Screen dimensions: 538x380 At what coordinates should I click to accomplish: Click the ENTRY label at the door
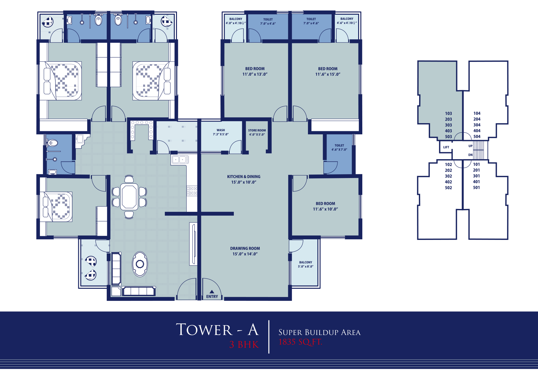point(212,296)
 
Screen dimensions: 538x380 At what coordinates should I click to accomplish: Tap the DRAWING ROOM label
point(245,251)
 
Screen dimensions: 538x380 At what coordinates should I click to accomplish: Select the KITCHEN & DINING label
point(244,179)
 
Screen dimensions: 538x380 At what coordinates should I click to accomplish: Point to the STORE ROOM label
point(257,132)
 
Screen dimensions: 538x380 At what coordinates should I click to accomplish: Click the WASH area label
point(221,132)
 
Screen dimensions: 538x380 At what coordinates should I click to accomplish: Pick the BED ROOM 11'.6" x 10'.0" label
point(326,206)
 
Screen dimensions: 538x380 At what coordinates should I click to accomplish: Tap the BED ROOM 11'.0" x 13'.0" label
point(255,71)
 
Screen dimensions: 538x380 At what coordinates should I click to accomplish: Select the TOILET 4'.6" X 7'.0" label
point(339,147)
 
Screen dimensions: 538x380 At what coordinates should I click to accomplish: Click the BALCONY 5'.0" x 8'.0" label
point(306,265)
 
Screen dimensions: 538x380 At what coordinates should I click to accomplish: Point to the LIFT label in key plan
point(446,147)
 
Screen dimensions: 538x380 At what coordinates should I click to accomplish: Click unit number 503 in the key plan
point(449,137)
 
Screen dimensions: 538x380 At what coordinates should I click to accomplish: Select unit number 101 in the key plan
point(477,164)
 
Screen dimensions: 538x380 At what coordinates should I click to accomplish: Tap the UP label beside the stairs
point(470,146)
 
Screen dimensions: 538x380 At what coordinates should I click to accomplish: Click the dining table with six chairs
point(129,197)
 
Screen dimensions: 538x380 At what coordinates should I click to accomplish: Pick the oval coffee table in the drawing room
point(140,264)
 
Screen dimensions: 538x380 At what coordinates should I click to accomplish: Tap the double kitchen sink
point(180,160)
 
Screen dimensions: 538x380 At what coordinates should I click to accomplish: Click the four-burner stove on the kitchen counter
point(192,191)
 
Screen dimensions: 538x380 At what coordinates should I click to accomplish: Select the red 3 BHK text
point(244,345)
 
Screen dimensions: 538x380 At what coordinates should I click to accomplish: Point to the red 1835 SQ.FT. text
point(300,342)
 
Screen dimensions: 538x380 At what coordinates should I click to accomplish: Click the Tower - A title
point(217,330)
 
